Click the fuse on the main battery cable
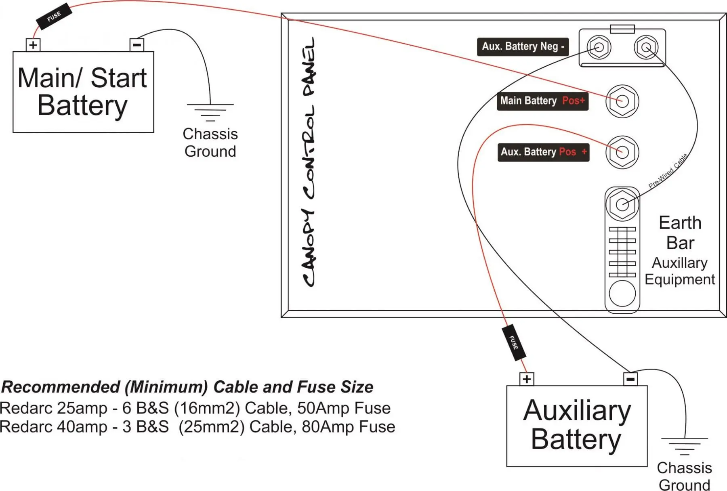coord(54,16)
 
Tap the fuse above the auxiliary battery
coord(514,342)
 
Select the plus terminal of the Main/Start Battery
coord(33,45)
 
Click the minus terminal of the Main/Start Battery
coord(137,45)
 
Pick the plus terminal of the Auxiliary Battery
coord(527,379)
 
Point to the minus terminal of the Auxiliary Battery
coord(630,379)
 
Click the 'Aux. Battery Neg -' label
coord(523,46)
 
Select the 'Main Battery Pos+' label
coord(542,101)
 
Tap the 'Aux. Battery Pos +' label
coord(543,152)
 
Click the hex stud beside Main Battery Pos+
coord(622,101)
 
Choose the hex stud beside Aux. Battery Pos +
coord(622,152)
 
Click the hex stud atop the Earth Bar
coord(622,204)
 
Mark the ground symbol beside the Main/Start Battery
coord(210,112)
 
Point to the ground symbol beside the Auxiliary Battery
coord(685,446)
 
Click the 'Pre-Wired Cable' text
coord(668,171)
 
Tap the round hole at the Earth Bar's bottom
coord(622,294)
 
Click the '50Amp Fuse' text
coord(344,408)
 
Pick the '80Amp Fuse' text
coord(349,427)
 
